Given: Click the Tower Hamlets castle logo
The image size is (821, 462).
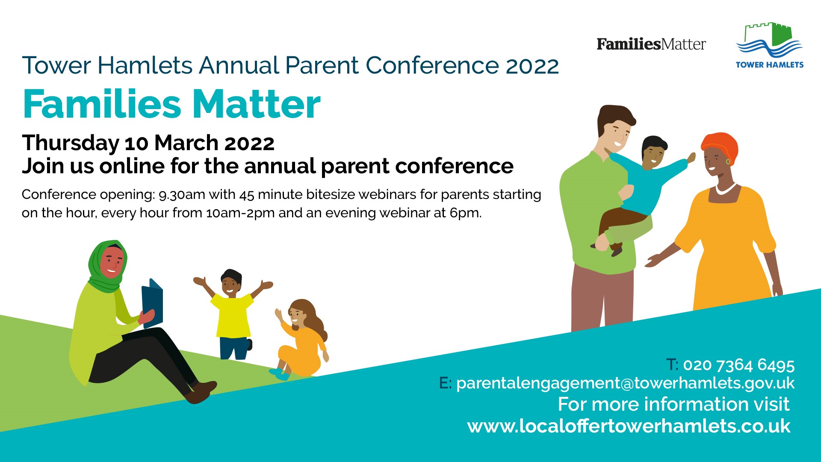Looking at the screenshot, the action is coord(769,45).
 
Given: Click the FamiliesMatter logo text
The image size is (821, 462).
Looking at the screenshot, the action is coord(651,44).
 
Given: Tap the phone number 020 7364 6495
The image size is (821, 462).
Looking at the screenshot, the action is coord(738,365).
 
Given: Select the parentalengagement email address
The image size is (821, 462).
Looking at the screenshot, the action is coord(625,383).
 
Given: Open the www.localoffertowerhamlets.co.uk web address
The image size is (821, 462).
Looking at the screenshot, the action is coord(629,426).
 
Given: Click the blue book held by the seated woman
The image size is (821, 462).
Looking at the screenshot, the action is coord(152,303).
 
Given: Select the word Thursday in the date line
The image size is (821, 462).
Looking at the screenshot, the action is coord(71,143).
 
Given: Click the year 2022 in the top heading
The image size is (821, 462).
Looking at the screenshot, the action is coord(532,66).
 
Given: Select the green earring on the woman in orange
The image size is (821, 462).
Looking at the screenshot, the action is coord(728,161).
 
